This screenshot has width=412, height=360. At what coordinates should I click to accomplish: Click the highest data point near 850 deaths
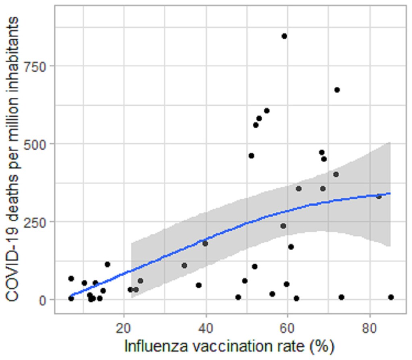[284, 36]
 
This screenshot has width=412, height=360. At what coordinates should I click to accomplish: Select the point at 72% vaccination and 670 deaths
[337, 90]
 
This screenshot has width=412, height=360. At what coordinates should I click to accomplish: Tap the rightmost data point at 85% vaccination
[391, 297]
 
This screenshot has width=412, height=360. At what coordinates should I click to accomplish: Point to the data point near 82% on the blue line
[379, 196]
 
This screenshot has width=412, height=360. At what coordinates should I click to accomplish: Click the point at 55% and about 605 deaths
[266, 111]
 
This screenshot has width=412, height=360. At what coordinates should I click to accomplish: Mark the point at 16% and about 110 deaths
[107, 264]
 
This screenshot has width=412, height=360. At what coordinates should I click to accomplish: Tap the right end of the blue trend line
[390, 193]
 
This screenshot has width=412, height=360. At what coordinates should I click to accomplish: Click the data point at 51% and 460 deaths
[251, 156]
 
